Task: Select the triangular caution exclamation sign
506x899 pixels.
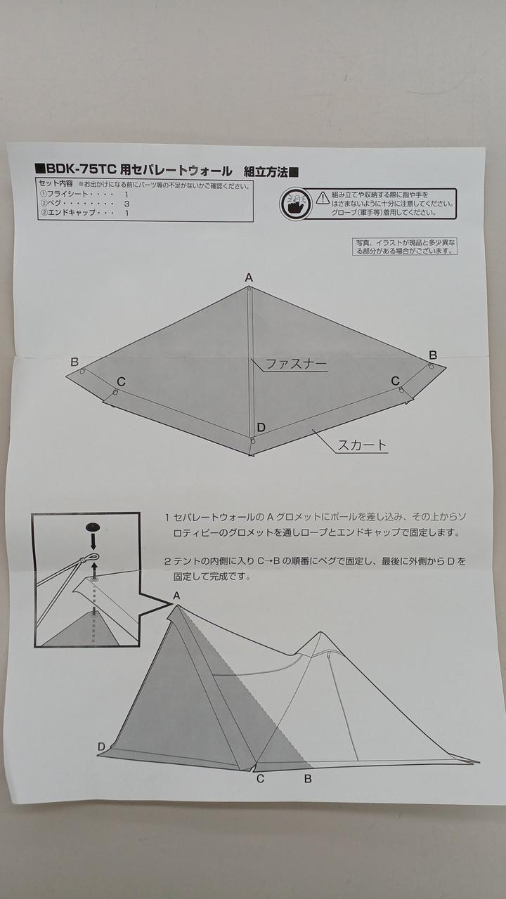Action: (x=323, y=197)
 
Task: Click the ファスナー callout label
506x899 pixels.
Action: (x=297, y=364)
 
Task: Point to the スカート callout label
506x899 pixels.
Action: (x=362, y=445)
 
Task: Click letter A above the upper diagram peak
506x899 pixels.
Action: (x=249, y=277)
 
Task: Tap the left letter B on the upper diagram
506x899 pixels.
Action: (x=74, y=362)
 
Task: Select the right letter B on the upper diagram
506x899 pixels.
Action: (x=432, y=355)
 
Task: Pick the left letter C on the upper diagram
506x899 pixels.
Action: (x=121, y=381)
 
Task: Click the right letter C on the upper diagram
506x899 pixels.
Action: (x=395, y=381)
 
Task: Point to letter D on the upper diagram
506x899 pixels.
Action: (x=261, y=428)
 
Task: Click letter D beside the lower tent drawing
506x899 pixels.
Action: (x=102, y=747)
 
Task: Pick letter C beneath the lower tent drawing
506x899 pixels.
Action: (x=260, y=779)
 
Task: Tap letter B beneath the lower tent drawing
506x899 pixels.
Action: (x=308, y=779)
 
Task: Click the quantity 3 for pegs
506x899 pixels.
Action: (x=126, y=204)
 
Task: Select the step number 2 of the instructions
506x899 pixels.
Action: (x=167, y=561)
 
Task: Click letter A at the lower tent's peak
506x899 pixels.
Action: (x=176, y=596)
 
